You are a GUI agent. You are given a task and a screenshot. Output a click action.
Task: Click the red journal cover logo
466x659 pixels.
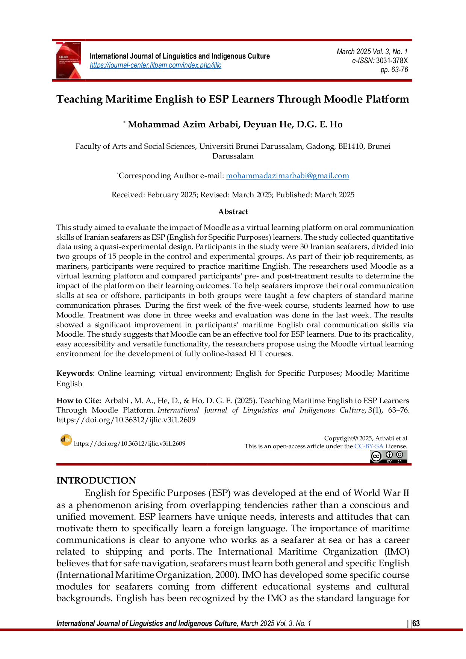coord(69,60)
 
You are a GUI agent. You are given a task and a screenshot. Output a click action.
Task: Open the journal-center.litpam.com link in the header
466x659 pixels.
coord(156,65)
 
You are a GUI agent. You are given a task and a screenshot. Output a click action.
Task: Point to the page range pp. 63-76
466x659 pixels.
coord(394,70)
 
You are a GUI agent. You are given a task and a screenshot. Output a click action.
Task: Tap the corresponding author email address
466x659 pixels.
coord(287,175)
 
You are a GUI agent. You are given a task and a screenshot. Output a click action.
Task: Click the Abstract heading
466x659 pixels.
coord(233,212)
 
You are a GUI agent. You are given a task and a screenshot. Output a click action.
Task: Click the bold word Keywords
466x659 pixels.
coord(74,373)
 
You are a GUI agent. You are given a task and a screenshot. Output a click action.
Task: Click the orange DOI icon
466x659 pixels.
coord(66,440)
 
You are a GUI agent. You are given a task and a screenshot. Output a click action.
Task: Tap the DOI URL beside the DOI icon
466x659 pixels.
coord(130,444)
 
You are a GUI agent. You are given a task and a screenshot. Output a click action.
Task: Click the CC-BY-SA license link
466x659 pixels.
coord(369,446)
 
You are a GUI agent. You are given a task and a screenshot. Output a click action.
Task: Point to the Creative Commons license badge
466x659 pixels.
coord(389,456)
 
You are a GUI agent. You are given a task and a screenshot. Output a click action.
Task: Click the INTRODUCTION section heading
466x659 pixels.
coord(96,481)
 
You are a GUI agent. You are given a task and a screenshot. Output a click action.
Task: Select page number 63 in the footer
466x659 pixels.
coord(416,624)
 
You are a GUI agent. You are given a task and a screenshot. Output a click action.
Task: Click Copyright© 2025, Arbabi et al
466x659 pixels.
coord(366,438)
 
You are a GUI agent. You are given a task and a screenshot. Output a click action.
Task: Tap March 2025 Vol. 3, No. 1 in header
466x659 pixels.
coord(372,51)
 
